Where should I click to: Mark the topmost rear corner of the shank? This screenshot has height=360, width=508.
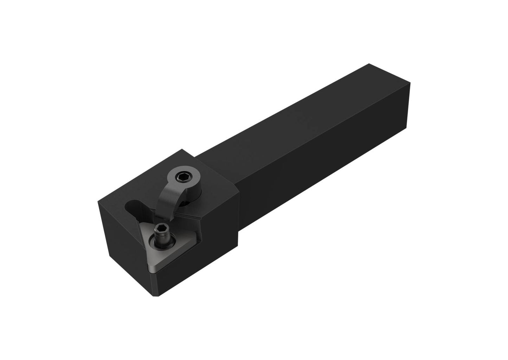(x=368, y=64)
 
